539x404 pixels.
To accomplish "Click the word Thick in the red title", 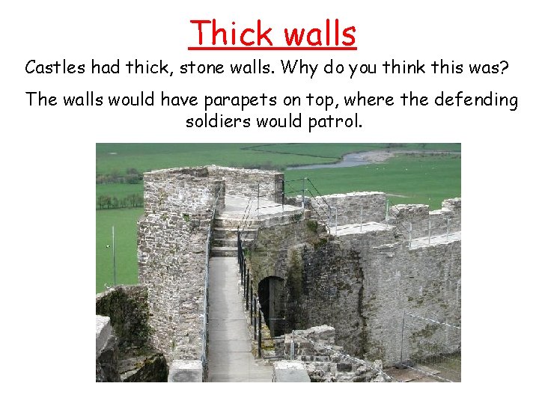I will [232, 34].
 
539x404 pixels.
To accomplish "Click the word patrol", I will [336, 121].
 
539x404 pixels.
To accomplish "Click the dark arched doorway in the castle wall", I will [271, 303].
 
